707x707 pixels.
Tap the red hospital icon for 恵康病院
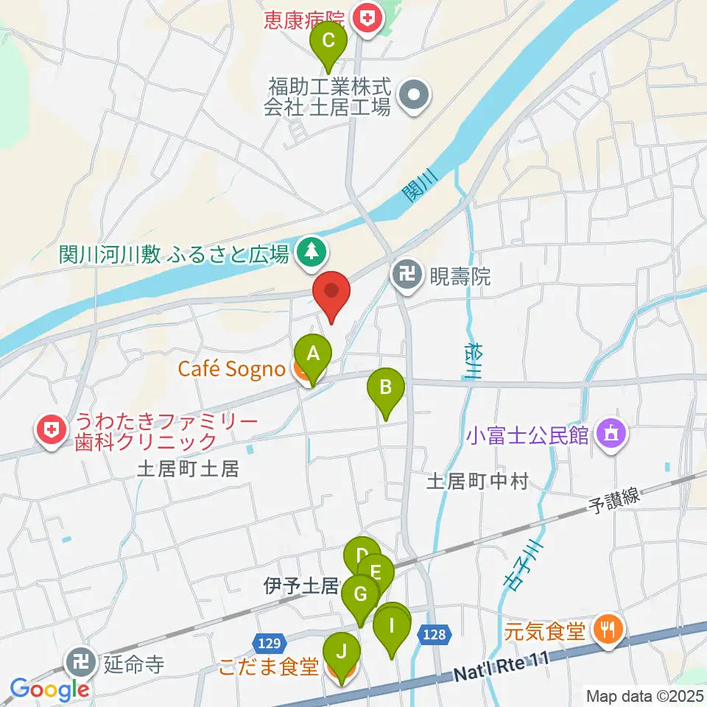pyautogui.click(x=366, y=16)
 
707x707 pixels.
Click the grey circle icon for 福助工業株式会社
pyautogui.click(x=414, y=97)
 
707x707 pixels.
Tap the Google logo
pyautogui.click(x=49, y=689)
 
